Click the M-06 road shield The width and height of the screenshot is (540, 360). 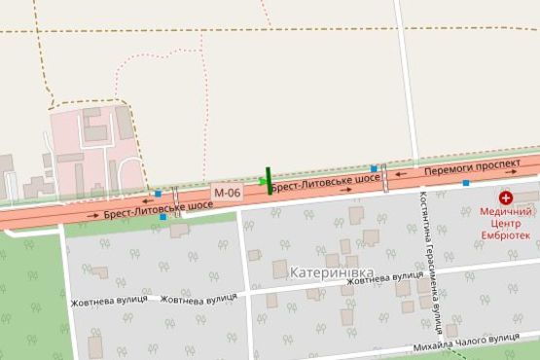(x=227, y=193)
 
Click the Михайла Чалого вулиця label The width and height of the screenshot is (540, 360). (x=466, y=339)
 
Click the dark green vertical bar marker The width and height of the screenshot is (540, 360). (x=269, y=181)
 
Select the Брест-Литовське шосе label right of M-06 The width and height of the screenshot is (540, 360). (x=324, y=181)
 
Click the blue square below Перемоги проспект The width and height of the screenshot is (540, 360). (x=466, y=183)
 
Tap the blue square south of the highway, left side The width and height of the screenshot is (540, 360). (x=162, y=217)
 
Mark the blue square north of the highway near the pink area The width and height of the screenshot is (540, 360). (x=159, y=194)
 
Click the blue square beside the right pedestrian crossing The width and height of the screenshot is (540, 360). (x=374, y=169)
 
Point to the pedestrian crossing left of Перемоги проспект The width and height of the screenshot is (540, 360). (x=385, y=179)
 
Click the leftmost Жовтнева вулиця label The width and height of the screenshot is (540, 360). (x=108, y=300)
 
